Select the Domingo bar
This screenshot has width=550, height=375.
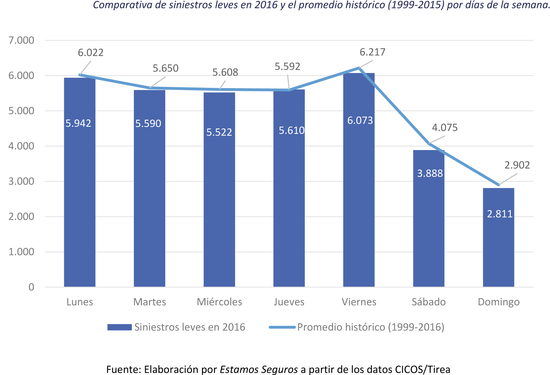click(498, 243)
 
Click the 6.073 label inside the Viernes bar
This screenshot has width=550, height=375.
click(360, 121)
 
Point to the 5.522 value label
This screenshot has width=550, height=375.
click(219, 132)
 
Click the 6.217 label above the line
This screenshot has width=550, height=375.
click(372, 52)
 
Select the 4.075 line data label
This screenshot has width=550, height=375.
click(444, 128)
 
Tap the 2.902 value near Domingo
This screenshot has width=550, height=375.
click(517, 165)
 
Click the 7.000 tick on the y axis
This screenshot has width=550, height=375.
click(21, 40)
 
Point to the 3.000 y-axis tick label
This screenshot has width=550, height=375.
click(21, 181)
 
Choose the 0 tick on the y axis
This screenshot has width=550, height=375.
click(31, 287)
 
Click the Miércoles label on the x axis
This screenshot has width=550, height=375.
click(219, 302)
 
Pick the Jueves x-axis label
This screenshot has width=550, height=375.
click(289, 302)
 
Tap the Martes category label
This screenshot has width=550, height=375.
click(150, 302)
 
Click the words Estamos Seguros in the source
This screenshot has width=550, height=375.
click(259, 370)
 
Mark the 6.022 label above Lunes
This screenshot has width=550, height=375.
click(91, 53)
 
